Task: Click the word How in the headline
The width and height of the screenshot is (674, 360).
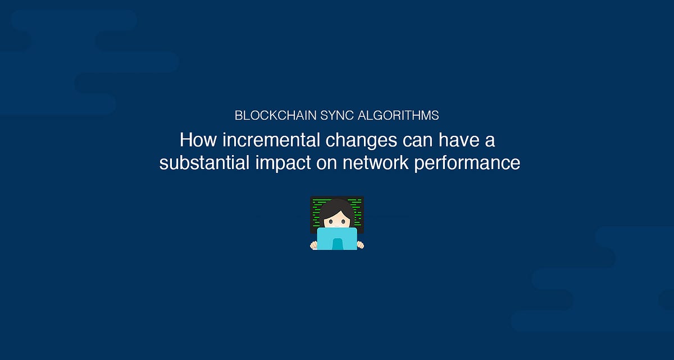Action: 194,140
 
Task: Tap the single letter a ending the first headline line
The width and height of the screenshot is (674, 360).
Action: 490,140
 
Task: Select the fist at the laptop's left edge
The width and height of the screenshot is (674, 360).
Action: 313,245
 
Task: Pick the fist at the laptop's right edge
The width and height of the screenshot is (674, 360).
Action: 360,245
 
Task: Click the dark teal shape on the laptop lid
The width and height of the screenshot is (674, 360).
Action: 337,244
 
